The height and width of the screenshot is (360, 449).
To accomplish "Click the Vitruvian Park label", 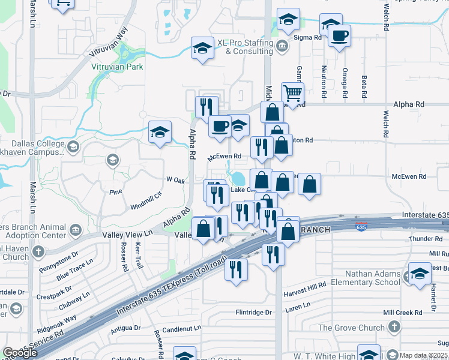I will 117,67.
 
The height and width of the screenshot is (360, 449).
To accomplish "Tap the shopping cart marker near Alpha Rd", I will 292,94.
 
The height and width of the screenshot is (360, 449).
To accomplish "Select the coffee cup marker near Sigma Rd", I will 339,35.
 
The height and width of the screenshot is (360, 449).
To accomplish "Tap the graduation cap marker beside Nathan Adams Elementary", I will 420,274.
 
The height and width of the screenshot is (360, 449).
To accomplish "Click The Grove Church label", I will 351,328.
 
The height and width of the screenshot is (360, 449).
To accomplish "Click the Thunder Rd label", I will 426,239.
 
